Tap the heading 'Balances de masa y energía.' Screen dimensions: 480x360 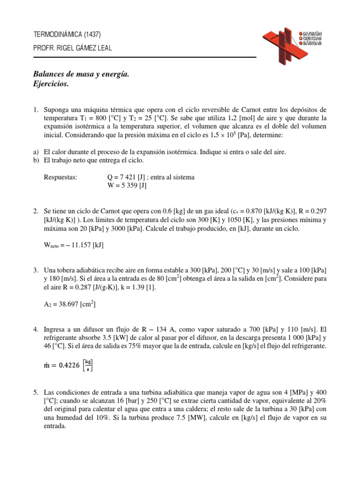(x=81, y=74)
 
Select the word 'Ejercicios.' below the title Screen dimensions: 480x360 (x=52, y=84)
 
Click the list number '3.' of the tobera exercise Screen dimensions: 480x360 (x=36, y=270)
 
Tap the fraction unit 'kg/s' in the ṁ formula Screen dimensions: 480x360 (x=88, y=365)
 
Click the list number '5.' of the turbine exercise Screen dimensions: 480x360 (x=36, y=391)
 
